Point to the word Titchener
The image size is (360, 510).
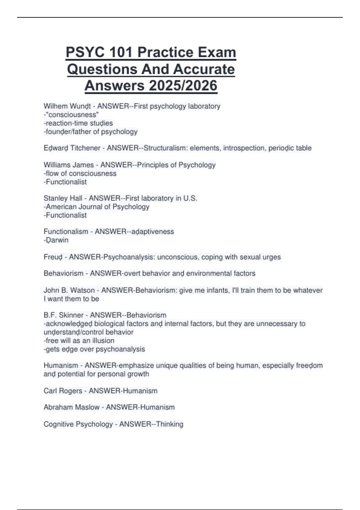click(x=85, y=148)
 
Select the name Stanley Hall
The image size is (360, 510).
click(x=63, y=198)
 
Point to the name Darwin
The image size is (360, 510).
click(x=57, y=240)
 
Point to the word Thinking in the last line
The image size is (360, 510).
click(x=169, y=424)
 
